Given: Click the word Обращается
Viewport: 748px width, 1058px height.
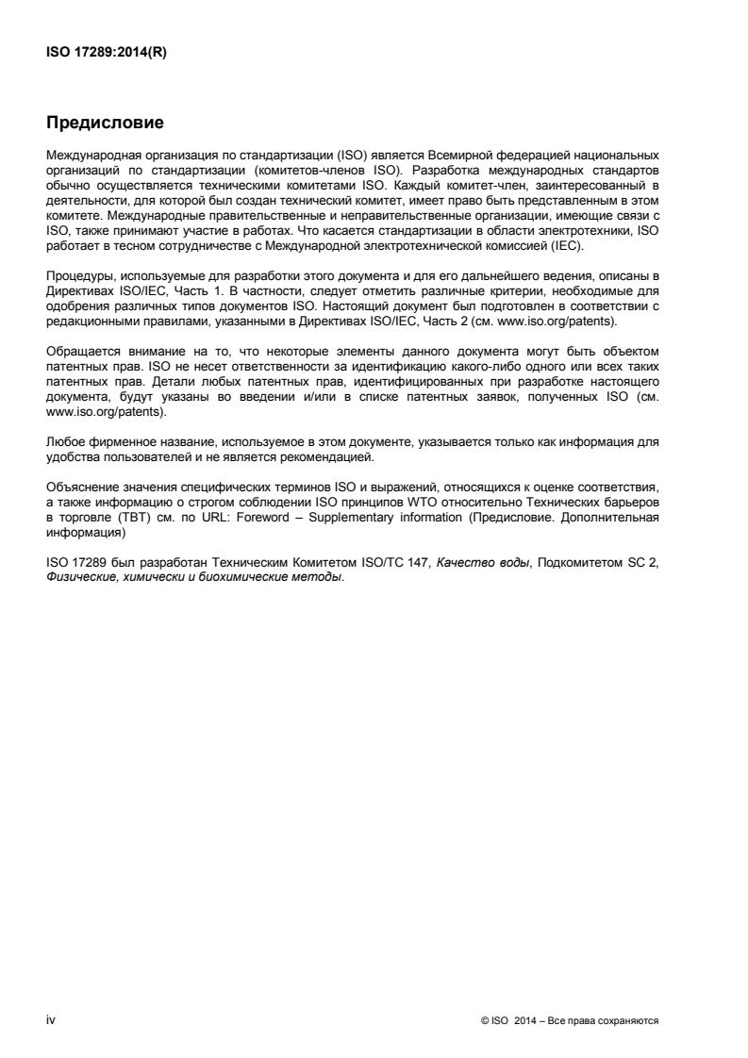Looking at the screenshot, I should click(80, 352).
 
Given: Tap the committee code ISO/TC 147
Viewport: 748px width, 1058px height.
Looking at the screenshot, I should click(374, 561).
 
